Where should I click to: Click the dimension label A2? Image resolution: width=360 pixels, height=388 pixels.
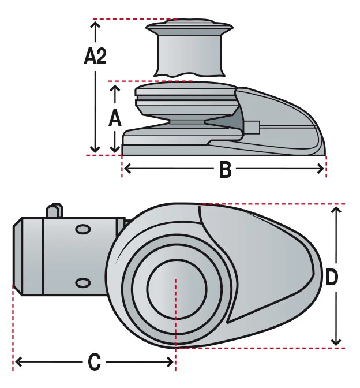[x=95, y=56]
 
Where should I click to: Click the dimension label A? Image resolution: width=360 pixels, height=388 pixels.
[x=115, y=118]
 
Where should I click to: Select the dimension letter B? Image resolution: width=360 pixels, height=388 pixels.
[x=225, y=170]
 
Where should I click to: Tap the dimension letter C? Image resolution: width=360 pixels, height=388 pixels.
[x=95, y=362]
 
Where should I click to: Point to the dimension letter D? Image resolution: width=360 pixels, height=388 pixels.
[x=332, y=277]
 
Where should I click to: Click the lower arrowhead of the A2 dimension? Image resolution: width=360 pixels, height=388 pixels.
[x=95, y=149]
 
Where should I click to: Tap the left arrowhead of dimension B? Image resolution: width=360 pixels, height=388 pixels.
[x=127, y=169]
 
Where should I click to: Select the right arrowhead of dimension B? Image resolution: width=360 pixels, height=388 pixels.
[x=321, y=169]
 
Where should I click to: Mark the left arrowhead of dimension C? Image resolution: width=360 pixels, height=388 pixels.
[x=18, y=362]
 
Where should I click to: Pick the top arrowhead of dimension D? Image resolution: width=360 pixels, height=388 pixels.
[x=336, y=211]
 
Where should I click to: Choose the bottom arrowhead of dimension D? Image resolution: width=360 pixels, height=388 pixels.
[x=336, y=342]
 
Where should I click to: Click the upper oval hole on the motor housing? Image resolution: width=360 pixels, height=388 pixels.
[x=82, y=230]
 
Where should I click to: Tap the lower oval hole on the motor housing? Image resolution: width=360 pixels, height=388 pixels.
[x=82, y=282]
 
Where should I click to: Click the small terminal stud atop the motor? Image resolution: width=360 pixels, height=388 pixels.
[x=55, y=211]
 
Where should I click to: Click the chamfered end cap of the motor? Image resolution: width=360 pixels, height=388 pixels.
[x=17, y=256]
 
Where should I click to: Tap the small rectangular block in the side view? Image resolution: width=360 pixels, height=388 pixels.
[x=252, y=127]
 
